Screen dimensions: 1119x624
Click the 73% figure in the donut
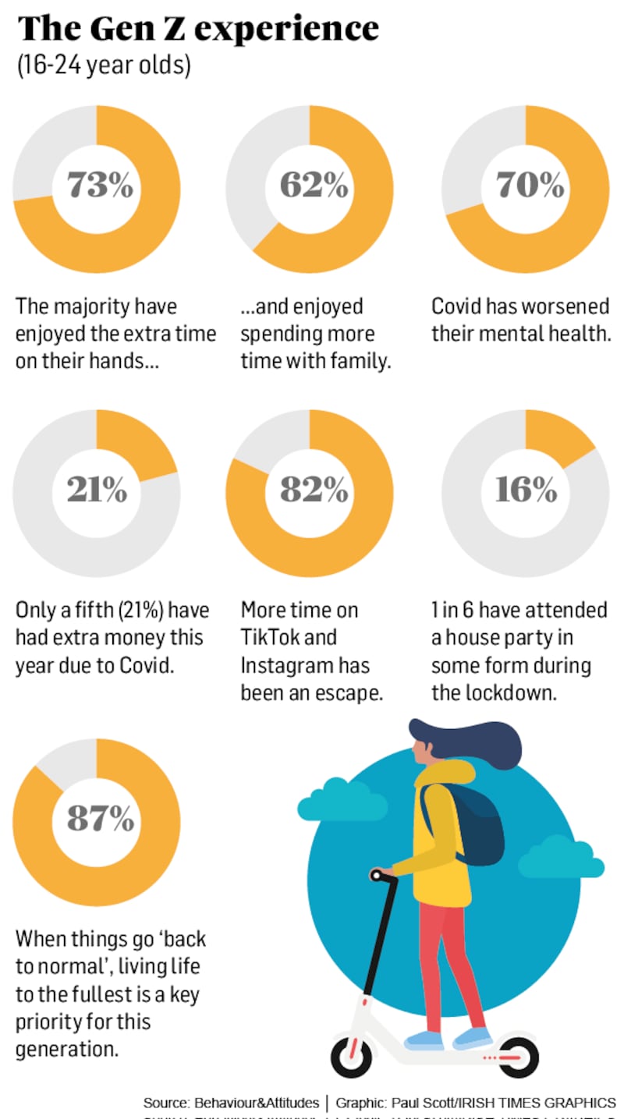[x=99, y=186]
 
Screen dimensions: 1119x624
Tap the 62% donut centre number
[x=313, y=186]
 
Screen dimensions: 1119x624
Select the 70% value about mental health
[x=530, y=186]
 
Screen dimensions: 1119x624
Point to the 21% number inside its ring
[x=97, y=490]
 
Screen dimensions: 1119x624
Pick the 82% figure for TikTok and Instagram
[x=313, y=490]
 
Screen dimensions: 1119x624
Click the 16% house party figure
[x=526, y=490]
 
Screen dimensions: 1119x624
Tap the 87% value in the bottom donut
[x=99, y=818]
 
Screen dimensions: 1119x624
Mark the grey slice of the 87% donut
[x=69, y=760]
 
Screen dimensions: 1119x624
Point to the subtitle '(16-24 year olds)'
[x=104, y=66]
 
